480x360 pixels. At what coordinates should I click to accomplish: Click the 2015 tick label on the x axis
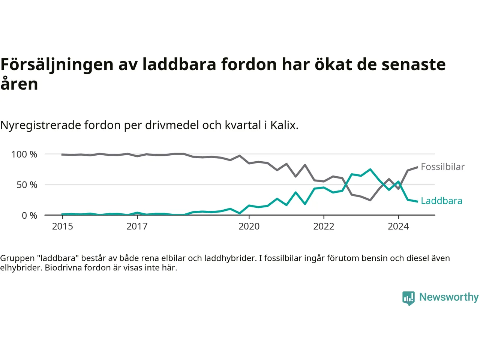[63, 226]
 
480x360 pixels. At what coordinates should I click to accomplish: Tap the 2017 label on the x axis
[137, 226]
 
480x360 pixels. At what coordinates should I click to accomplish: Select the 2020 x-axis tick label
[249, 226]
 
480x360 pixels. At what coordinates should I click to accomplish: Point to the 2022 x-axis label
[324, 226]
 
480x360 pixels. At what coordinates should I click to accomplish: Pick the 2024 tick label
[398, 226]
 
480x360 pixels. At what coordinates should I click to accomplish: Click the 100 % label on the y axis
[24, 154]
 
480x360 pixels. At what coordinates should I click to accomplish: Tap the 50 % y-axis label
[27, 185]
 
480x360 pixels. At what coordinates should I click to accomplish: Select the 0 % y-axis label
[30, 216]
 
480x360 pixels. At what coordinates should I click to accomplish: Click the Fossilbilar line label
[442, 167]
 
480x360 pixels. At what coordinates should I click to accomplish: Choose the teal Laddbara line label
[441, 201]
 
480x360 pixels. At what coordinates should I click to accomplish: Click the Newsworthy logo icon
[408, 298]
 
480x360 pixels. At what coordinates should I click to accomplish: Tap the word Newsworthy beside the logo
[449, 297]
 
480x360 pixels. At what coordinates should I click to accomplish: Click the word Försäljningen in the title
[57, 64]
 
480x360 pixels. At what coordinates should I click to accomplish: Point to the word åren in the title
[19, 84]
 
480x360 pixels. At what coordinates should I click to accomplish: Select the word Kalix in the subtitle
[284, 125]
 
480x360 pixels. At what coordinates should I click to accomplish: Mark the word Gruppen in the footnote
[17, 258]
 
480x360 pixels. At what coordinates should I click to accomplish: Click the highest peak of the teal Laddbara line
[370, 169]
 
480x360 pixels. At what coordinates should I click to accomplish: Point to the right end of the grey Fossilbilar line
[417, 167]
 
